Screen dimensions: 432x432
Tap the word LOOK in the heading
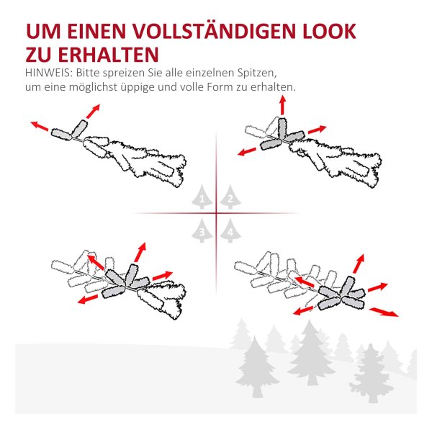(x=329, y=32)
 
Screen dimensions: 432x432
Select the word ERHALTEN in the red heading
(x=108, y=55)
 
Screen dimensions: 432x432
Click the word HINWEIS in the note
(x=47, y=73)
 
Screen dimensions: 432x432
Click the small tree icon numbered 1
(x=202, y=197)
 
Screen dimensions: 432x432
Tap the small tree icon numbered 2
(x=230, y=197)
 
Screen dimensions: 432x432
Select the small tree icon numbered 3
(x=202, y=230)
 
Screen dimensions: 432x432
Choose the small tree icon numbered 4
(x=230, y=230)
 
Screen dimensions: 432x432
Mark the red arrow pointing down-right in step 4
(x=384, y=312)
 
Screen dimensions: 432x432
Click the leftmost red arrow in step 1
(x=40, y=126)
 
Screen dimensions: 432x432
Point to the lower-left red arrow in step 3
(x=88, y=300)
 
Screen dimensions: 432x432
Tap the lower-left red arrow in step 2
(x=246, y=151)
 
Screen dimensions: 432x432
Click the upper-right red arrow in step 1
(x=93, y=112)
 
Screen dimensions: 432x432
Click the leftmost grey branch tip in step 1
(x=61, y=135)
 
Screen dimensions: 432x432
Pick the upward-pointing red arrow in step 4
(x=359, y=264)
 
